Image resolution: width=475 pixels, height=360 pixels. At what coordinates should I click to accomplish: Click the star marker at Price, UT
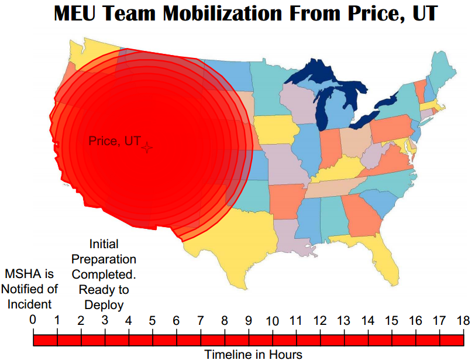147,148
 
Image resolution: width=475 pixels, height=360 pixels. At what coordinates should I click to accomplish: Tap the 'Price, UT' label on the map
115,141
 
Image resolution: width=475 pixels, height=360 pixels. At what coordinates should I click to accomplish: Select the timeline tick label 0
33,320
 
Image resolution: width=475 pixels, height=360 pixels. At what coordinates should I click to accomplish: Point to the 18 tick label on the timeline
463,320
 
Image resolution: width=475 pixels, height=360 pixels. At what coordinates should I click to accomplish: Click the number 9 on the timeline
248,320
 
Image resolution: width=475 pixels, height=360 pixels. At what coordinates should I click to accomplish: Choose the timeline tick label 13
343,320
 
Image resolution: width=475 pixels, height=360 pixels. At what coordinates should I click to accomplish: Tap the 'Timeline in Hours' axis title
253,354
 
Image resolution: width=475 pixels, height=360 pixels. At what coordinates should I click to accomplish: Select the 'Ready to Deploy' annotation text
104,297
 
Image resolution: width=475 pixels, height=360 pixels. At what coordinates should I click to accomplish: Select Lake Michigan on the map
323,114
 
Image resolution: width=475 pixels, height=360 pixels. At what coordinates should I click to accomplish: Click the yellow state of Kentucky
339,170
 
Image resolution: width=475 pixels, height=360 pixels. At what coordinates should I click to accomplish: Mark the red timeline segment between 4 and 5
140,340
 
